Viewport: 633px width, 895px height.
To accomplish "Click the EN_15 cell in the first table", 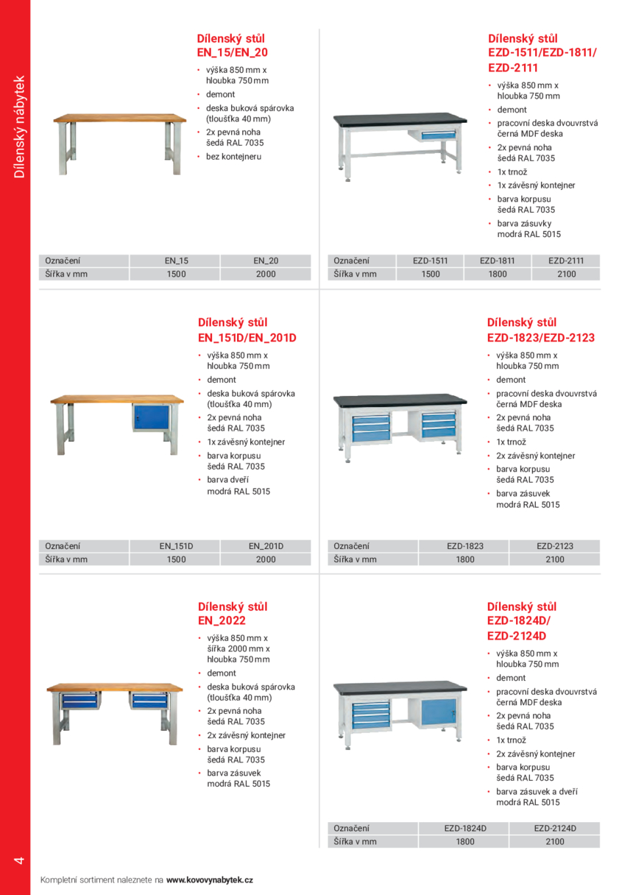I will tap(176, 261).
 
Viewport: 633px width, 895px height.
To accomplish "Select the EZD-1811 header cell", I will tap(497, 261).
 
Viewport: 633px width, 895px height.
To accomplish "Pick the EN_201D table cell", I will tap(266, 546).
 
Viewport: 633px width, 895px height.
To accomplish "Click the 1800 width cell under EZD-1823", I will tap(464, 559).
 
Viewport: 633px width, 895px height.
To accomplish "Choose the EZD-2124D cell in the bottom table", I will tap(555, 828).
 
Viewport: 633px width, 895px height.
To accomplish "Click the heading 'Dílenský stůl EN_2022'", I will tap(233, 614).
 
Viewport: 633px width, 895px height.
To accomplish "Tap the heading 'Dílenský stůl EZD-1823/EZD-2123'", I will tap(540, 330).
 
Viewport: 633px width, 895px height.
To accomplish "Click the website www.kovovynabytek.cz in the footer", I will tap(210, 880).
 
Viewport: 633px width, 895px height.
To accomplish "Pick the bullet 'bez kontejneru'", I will tap(233, 157).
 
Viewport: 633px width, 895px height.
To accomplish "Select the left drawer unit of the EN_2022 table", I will tap(79, 700).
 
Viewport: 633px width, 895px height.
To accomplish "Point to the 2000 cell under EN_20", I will tap(266, 274).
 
